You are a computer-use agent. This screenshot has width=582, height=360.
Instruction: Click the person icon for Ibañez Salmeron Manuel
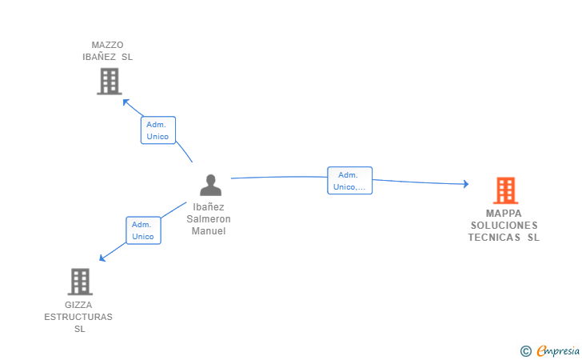click(x=210, y=185)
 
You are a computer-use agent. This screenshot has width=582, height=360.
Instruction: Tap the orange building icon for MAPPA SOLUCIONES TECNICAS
click(x=505, y=190)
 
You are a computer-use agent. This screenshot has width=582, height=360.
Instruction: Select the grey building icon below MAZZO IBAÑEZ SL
click(x=110, y=81)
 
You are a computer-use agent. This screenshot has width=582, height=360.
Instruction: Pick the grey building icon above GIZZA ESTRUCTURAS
click(x=80, y=282)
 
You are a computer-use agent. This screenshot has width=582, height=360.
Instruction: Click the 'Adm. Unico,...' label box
click(x=349, y=181)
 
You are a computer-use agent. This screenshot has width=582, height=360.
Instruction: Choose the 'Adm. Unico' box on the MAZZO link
click(x=158, y=130)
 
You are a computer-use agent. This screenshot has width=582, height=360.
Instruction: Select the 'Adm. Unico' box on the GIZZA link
click(x=143, y=230)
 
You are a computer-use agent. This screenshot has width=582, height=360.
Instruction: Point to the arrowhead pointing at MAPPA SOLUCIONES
click(x=466, y=183)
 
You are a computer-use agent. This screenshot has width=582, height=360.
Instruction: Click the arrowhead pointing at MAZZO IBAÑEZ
click(x=126, y=102)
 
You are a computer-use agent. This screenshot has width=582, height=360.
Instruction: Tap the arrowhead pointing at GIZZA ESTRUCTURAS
click(x=102, y=258)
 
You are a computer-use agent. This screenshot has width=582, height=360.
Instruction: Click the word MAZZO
click(x=107, y=45)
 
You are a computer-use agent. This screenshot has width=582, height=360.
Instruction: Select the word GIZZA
click(x=78, y=305)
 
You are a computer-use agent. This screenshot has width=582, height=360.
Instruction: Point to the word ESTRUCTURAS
click(x=78, y=317)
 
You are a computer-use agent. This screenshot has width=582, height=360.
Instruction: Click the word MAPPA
click(x=504, y=214)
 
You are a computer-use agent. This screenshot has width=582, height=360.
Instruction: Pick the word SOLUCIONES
click(x=504, y=225)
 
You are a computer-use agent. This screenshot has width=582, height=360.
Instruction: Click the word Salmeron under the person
click(x=209, y=219)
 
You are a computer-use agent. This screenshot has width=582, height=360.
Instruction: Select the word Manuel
click(x=209, y=231)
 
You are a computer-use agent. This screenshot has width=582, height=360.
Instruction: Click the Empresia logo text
click(x=558, y=350)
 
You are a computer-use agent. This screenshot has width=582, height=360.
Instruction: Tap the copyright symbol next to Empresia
click(x=526, y=351)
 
